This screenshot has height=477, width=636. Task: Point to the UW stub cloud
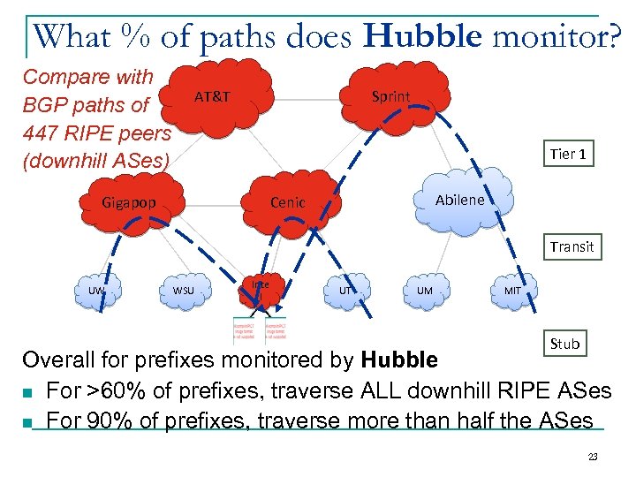click(x=97, y=291)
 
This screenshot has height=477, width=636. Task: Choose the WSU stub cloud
click(x=184, y=291)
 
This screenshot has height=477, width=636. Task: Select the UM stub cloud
click(x=425, y=291)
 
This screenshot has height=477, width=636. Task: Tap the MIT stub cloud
click(x=511, y=291)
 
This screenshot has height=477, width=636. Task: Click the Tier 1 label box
click(x=568, y=154)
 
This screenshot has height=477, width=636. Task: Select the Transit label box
click(x=572, y=246)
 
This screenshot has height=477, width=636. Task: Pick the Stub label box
click(x=564, y=344)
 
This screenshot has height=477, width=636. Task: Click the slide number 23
click(x=593, y=457)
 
